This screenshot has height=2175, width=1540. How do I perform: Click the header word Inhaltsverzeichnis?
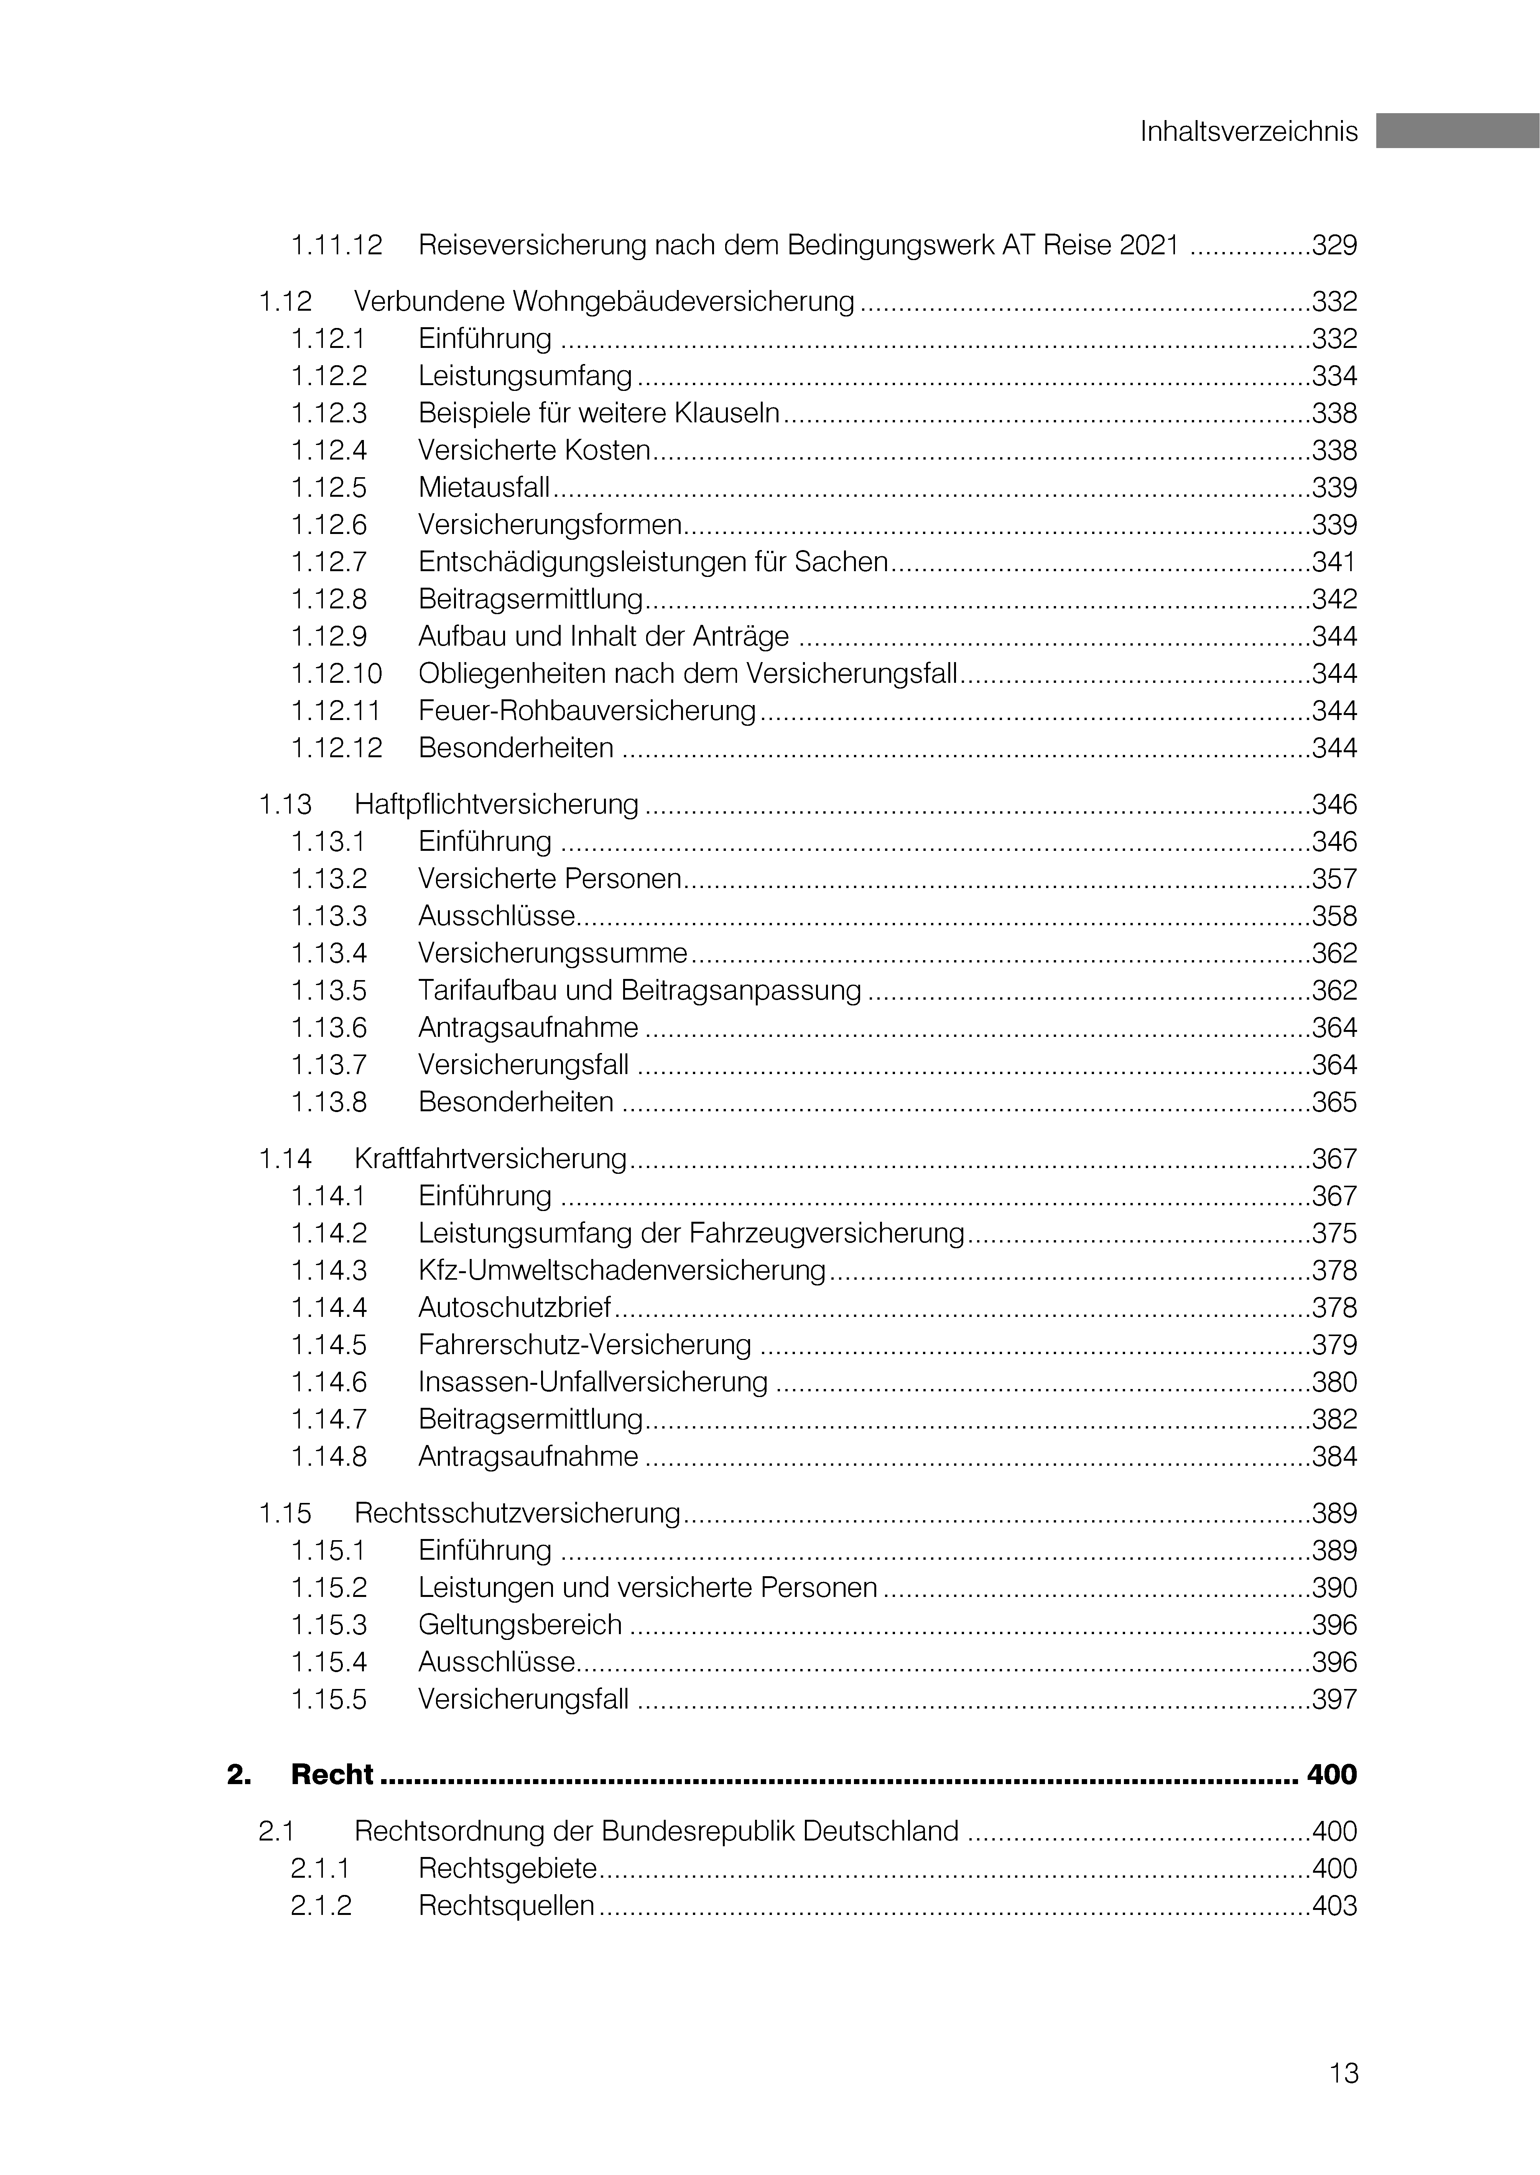1248,132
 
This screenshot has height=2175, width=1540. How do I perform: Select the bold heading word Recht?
332,1775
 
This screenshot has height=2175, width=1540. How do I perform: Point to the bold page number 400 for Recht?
1331,1775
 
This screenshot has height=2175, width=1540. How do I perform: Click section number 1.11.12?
337,246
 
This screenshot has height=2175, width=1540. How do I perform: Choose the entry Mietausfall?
484,488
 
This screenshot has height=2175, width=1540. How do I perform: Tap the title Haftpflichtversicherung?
496,804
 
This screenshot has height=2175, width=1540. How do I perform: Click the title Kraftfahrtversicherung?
490,1159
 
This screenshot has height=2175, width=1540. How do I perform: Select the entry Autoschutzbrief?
515,1308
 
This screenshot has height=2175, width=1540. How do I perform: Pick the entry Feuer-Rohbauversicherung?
587,710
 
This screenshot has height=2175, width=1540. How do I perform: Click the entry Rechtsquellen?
507,1906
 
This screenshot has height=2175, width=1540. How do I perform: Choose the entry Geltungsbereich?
520,1625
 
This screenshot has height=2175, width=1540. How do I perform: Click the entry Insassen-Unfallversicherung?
593,1382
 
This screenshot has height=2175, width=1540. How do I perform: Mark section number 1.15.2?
328,1588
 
